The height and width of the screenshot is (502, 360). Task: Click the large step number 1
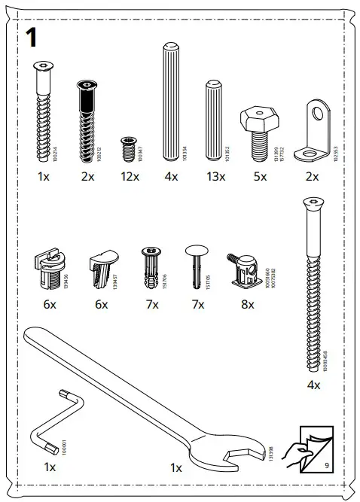[x=32, y=38]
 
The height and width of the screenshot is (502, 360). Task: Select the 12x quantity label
[x=130, y=177]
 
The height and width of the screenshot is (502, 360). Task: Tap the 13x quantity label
[x=216, y=177]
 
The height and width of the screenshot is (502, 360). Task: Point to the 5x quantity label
[x=260, y=177]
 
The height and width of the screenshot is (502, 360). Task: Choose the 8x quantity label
[x=247, y=305]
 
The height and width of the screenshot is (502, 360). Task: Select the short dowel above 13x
[x=213, y=120]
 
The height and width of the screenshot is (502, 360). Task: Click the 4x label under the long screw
[x=313, y=385]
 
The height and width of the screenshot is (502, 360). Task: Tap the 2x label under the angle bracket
[x=312, y=177]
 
